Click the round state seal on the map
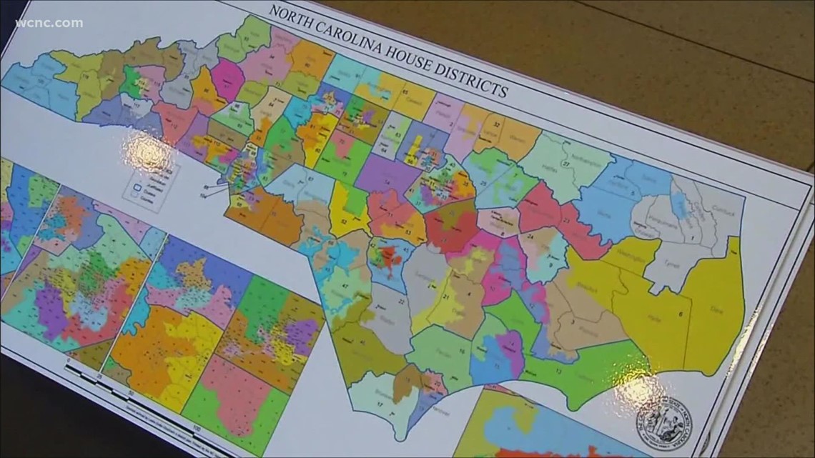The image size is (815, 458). [x=664, y=422]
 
